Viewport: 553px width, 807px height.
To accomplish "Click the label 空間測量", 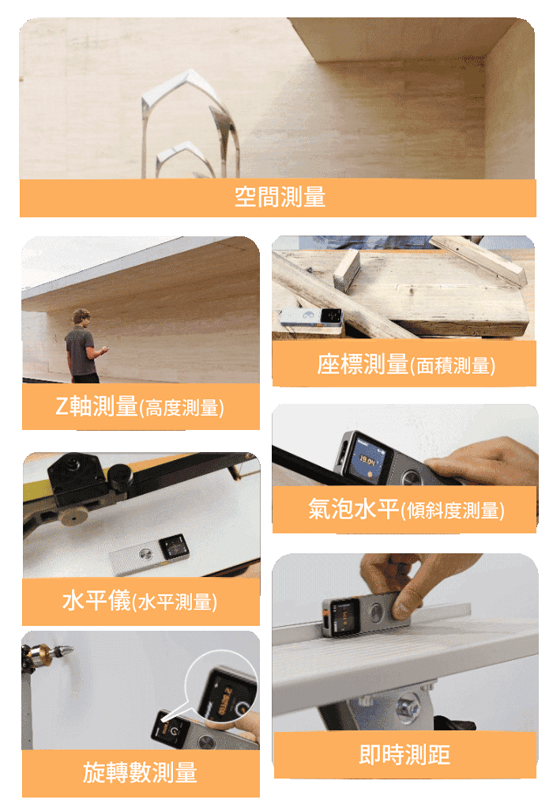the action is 280,197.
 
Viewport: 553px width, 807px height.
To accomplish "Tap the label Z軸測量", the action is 96,406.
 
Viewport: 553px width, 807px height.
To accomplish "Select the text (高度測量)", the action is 182,408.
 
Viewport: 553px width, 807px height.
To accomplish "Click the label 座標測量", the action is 363,364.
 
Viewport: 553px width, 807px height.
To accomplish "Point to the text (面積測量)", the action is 453,365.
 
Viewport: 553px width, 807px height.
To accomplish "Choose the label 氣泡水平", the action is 354,508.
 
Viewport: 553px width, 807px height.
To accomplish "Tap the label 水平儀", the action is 96,600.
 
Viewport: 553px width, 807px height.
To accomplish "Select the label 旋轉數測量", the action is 140,772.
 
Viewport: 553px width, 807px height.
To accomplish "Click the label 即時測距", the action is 404,755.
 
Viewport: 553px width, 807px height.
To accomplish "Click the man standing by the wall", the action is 84,345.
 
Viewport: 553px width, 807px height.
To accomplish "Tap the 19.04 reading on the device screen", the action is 367,459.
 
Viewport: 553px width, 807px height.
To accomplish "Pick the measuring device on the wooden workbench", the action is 312,317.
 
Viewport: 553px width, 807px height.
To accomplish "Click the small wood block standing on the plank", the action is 346,271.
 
